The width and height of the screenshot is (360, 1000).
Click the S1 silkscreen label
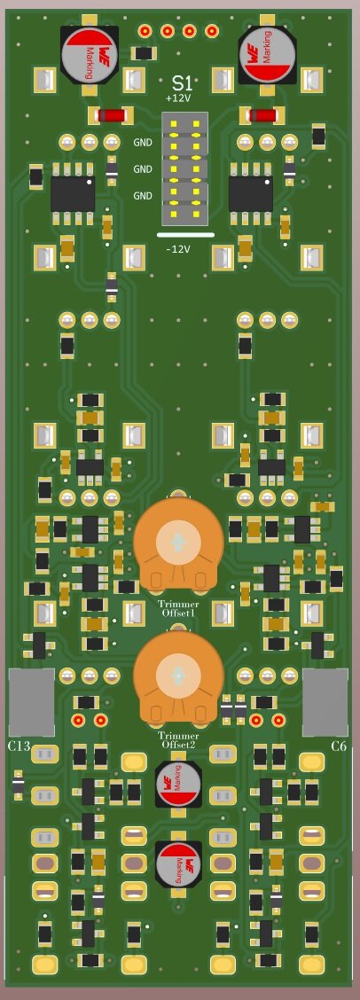point(181,83)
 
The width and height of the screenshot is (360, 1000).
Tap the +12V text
point(178,98)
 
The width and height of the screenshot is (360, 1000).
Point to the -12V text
point(178,249)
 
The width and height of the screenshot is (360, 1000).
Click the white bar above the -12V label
point(184,235)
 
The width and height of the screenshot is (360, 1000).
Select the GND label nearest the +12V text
point(143,142)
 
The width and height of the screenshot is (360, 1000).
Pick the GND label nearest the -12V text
point(143,195)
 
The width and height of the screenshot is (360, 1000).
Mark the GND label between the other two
point(143,168)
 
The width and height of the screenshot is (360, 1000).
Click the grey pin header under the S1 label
point(184,168)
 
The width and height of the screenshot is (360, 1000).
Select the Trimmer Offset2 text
point(179,740)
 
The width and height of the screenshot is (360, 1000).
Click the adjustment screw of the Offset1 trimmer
point(178,542)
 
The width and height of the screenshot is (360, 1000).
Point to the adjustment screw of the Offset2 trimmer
point(178,676)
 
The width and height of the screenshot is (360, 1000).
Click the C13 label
point(19,746)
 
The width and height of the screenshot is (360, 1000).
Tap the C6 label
point(338,746)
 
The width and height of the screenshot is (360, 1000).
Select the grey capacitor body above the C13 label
point(31,702)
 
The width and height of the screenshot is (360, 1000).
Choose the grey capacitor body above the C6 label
point(325,702)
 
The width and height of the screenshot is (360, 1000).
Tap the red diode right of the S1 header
point(262,114)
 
